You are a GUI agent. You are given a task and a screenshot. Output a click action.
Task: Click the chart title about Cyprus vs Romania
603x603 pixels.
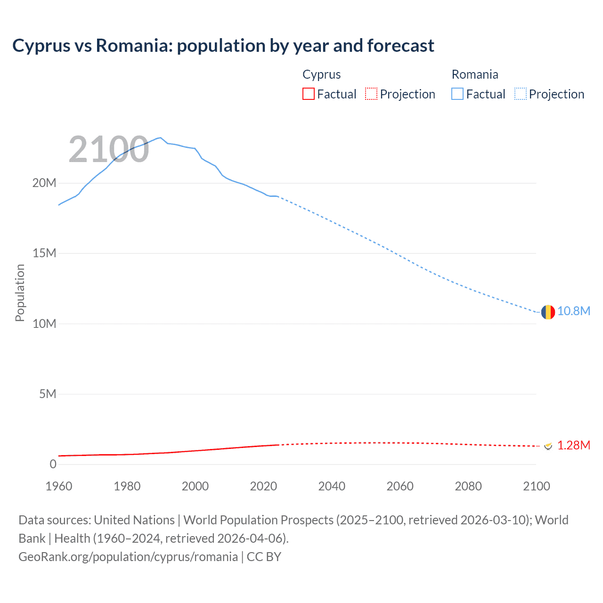(223, 46)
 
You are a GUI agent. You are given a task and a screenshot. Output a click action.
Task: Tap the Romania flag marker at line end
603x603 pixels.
(548, 312)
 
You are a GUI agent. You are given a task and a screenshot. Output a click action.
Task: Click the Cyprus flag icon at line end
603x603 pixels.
(548, 446)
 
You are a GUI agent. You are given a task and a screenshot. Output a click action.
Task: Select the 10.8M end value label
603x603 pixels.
(574, 311)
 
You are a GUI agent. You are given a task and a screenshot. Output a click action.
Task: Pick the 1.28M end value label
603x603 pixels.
(574, 446)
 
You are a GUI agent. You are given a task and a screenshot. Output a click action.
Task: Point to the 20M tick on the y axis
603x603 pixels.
(44, 183)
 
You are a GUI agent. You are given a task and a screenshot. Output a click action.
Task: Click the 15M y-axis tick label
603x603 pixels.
(44, 253)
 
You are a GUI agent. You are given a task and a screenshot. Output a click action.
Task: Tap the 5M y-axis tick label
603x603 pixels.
(48, 394)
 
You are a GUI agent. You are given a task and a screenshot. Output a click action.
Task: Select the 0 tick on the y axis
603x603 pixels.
(53, 464)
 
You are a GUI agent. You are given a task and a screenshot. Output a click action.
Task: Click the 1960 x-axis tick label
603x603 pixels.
(59, 486)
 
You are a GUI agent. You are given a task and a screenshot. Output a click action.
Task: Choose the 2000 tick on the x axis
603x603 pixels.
(195, 486)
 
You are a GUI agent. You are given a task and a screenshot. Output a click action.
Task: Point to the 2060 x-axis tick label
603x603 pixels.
(400, 486)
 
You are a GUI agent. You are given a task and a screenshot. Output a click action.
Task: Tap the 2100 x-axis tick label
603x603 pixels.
(536, 486)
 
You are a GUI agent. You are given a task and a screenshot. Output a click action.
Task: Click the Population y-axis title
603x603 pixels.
(20, 293)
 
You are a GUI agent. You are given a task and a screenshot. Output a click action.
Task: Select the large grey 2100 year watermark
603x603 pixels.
(109, 149)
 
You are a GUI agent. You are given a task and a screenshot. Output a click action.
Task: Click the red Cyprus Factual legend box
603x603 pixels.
(308, 94)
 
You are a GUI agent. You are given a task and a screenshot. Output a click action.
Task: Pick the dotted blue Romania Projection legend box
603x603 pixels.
(520, 94)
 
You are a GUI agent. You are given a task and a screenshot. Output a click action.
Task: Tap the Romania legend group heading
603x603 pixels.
(474, 74)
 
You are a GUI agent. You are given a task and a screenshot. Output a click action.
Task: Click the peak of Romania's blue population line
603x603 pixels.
(160, 138)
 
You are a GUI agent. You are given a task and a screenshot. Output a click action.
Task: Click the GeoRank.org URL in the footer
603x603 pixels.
(128, 557)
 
